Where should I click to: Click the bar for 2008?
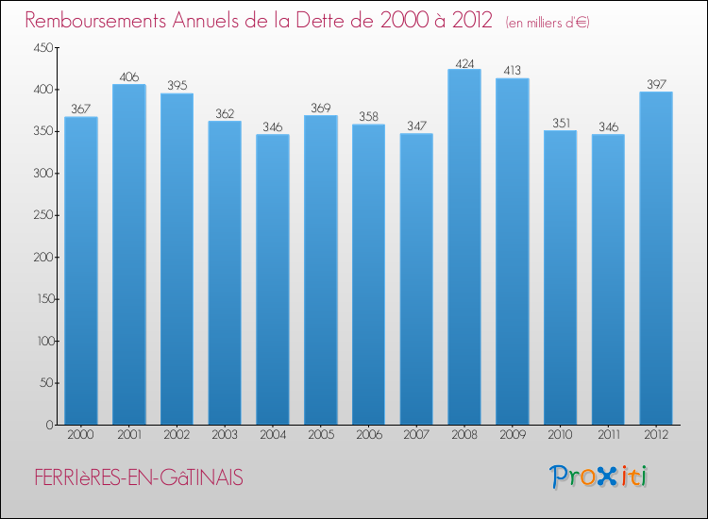tap(464, 247)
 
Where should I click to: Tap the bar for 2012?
tap(656, 259)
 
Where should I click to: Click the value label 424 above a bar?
tap(464, 62)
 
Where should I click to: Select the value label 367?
tap(81, 109)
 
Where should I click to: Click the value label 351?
tap(561, 123)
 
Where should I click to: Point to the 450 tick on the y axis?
tap(43, 48)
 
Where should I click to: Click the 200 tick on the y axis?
tap(43, 258)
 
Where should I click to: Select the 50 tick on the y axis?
tap(46, 383)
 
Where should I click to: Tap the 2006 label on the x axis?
tap(369, 435)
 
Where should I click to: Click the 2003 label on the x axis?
tap(225, 435)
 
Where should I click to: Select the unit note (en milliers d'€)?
tap(548, 22)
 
